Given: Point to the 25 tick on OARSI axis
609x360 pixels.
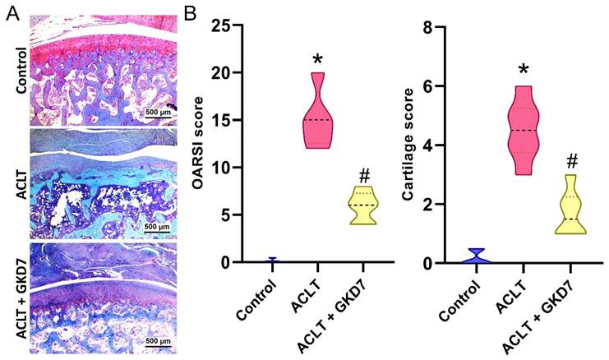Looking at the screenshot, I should [x=223, y=26].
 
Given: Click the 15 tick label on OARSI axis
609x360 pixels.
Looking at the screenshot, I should [x=223, y=121].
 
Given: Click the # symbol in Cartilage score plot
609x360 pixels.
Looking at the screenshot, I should [x=571, y=161].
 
